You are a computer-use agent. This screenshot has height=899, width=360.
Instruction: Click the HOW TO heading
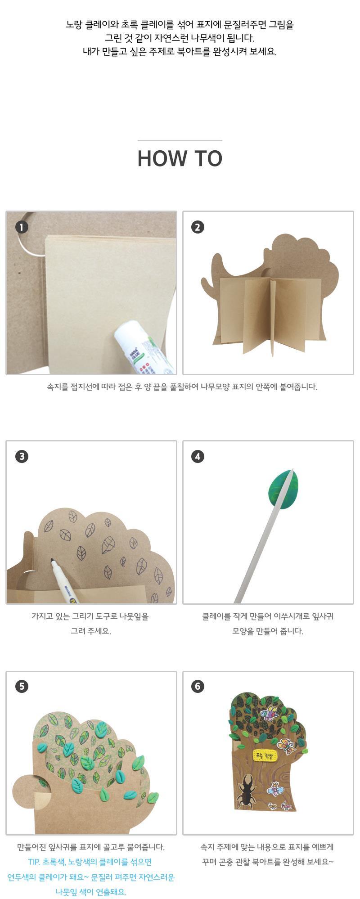tap(180, 158)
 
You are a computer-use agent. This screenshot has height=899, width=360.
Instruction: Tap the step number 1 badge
tap(21, 227)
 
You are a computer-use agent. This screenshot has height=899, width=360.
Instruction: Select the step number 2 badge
tap(198, 227)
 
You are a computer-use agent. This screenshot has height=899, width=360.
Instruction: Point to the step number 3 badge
tap(21, 456)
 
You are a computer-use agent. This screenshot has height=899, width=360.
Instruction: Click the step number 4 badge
tap(198, 456)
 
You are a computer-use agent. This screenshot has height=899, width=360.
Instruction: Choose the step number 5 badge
tap(21, 686)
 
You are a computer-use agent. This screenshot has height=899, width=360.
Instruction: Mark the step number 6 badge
tap(198, 686)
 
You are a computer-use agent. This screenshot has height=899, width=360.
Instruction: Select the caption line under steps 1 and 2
tap(182, 387)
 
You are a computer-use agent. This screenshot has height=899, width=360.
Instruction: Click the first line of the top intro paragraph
tap(180, 25)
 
